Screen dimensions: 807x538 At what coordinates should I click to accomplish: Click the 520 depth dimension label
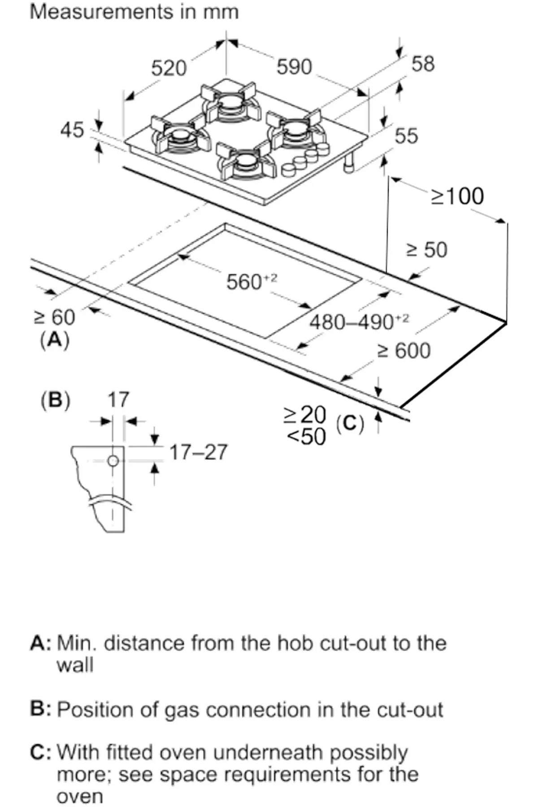(169, 69)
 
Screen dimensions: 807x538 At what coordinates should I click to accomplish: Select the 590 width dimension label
(294, 67)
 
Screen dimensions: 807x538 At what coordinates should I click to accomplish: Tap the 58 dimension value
(423, 64)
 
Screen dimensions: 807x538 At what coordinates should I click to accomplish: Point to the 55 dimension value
(406, 136)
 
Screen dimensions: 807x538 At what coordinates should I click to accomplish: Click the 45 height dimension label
(72, 130)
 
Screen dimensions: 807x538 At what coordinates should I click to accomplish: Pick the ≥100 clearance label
(457, 196)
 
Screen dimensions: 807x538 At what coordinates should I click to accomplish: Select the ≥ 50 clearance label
(426, 250)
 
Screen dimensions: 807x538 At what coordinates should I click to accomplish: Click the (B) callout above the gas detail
(56, 399)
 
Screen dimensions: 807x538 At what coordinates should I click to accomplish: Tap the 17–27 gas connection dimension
(198, 452)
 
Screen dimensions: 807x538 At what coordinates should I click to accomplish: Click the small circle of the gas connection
(113, 460)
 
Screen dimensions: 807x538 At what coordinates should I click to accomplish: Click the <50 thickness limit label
(306, 436)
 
